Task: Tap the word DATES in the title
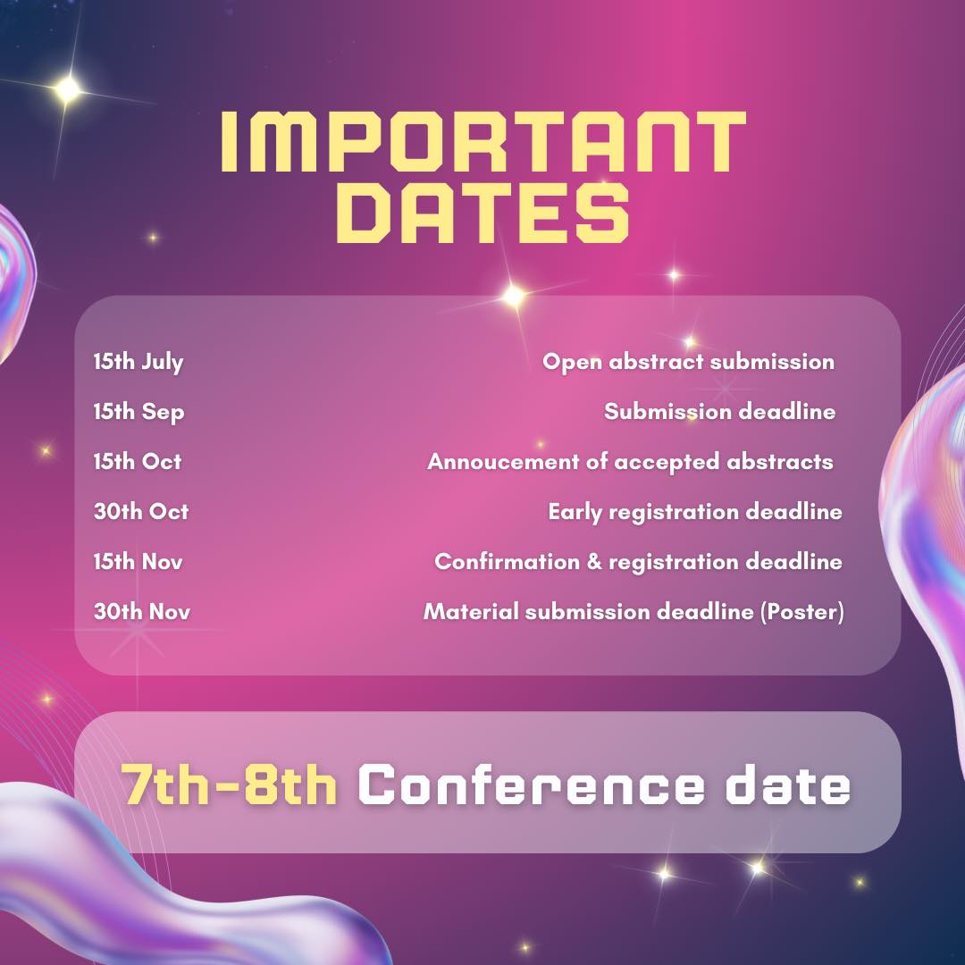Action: [x=483, y=213]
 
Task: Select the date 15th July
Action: [x=138, y=362]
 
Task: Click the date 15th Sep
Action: [x=139, y=412]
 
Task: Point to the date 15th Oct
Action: [x=138, y=462]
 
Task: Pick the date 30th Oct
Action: [x=141, y=511]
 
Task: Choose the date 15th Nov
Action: [x=138, y=561]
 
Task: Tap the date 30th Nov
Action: [x=141, y=611]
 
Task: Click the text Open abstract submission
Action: [x=689, y=362]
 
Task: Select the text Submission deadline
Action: [x=719, y=411]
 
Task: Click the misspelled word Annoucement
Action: [x=503, y=462]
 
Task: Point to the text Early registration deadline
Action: [x=695, y=512]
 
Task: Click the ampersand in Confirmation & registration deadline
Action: [x=594, y=561]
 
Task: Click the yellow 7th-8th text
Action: [x=229, y=785]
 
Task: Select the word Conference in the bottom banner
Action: [x=531, y=785]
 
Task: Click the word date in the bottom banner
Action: [x=788, y=785]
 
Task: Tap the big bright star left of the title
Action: [x=68, y=90]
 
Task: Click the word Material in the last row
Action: [x=471, y=611]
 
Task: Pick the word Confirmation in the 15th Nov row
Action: [x=508, y=561]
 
